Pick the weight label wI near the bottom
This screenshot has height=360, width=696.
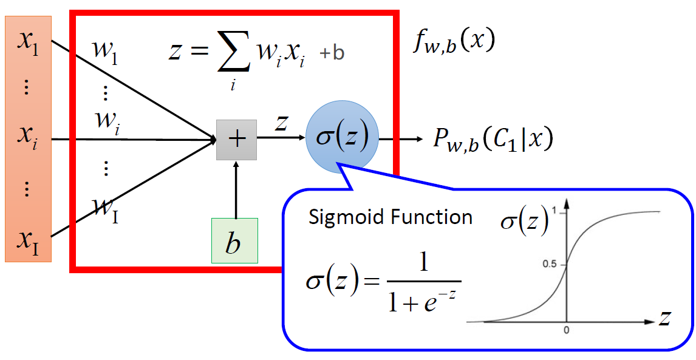(106, 210)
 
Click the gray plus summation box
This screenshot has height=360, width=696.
(236, 140)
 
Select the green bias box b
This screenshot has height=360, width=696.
(234, 240)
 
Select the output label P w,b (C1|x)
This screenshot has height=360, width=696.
(493, 140)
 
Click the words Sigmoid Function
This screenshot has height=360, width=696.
(391, 217)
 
